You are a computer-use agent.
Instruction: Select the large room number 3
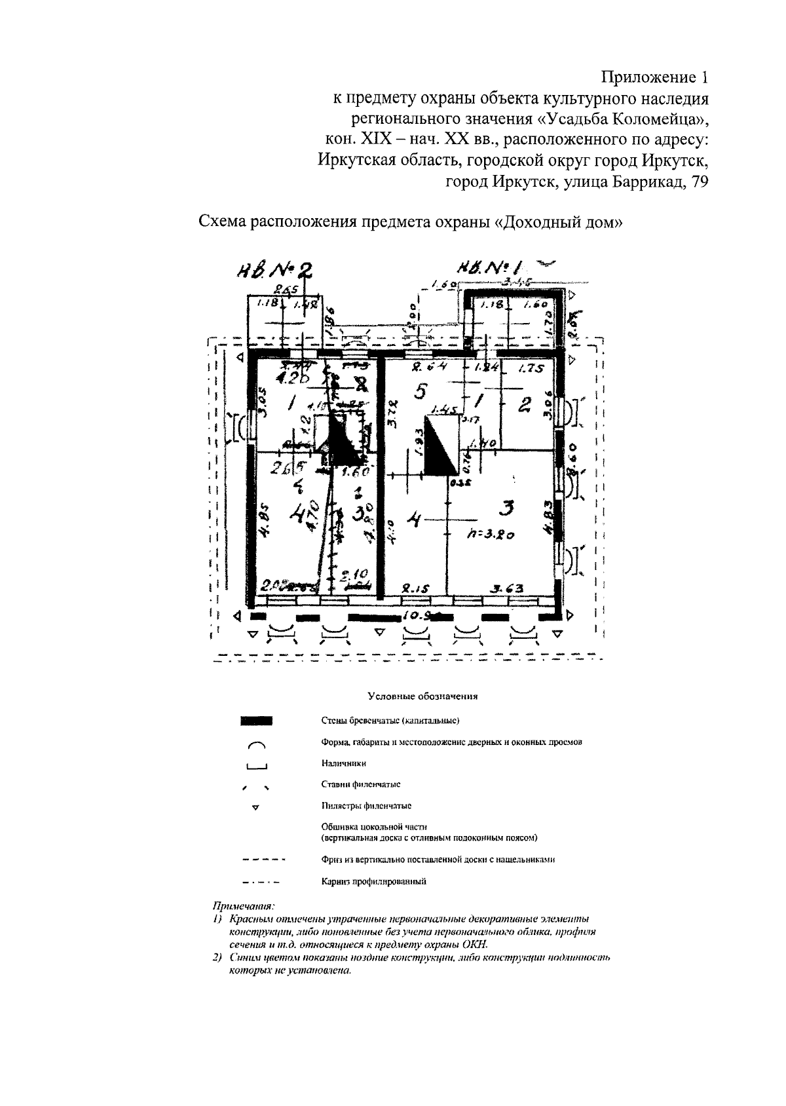[x=506, y=508]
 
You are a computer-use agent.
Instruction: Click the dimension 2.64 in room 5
[x=422, y=369]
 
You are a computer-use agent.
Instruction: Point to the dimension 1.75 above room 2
[x=531, y=369]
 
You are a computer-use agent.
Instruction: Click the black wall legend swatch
[x=256, y=721]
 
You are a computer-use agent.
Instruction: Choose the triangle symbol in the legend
[x=256, y=807]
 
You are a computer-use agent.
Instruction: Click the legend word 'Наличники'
[x=344, y=763]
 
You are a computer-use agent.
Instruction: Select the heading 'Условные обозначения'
[x=422, y=696]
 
